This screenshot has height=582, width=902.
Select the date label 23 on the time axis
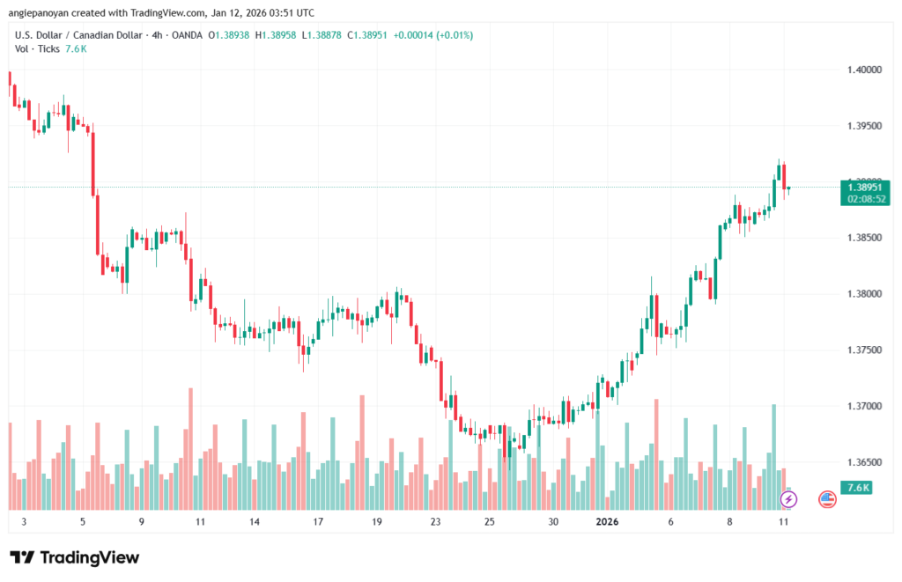point(434,521)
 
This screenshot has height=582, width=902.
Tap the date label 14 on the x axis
point(254,521)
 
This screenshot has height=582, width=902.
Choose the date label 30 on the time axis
point(553,521)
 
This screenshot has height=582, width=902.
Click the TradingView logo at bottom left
point(74,557)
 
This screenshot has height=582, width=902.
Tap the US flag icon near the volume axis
point(827,499)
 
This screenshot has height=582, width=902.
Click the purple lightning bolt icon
point(788,499)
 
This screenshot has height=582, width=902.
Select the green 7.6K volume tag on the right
point(858,487)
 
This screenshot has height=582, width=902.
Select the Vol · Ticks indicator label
point(37,49)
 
